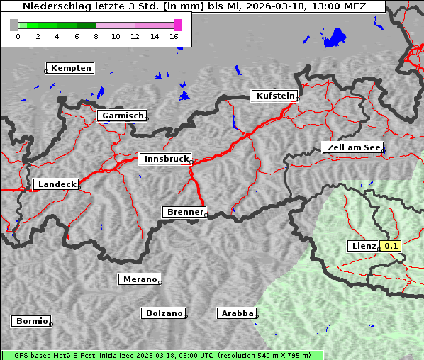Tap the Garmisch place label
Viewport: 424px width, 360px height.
pos(123,116)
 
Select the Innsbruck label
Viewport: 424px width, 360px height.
pos(165,159)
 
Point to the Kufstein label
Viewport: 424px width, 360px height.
pos(274,96)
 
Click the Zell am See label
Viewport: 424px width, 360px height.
pos(352,147)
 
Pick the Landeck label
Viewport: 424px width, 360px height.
pos(56,184)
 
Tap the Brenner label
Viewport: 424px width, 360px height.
pos(184,212)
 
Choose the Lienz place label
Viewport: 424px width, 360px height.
pos(363,246)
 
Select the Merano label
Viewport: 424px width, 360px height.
pos(139,279)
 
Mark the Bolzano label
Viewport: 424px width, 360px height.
pos(164,313)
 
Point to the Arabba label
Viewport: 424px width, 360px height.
pos(235,313)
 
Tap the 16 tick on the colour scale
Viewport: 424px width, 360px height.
pos(174,36)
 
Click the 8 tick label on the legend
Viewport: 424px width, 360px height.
pos(96,36)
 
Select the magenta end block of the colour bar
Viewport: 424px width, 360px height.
pos(177,25)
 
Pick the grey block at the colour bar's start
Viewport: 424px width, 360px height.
pos(13,25)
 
